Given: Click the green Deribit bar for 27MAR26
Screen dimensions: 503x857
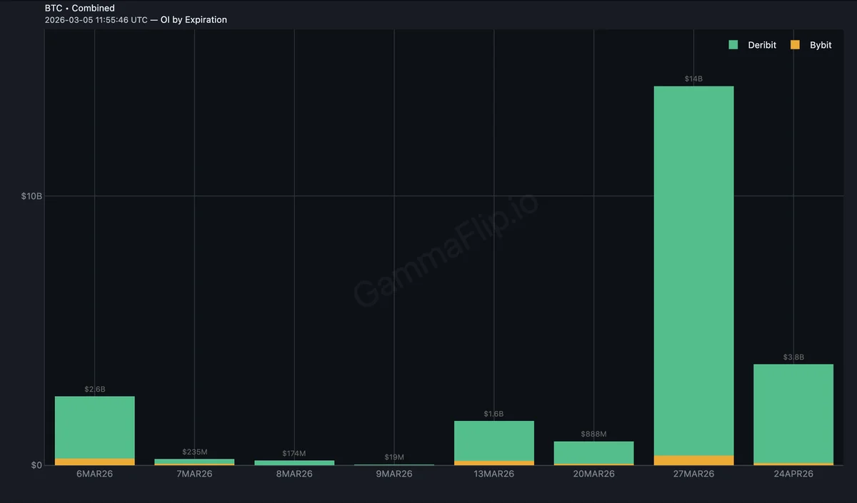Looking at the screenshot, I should tap(693, 271).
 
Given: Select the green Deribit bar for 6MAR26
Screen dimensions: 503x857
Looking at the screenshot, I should tap(94, 427).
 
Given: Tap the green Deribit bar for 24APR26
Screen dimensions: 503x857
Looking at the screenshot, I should tap(793, 414).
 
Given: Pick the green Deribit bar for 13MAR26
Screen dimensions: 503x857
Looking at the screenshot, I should tap(493, 441).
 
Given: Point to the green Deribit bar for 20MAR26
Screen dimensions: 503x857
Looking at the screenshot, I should tap(593, 452).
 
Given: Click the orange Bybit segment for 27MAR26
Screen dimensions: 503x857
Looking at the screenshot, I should tap(693, 460).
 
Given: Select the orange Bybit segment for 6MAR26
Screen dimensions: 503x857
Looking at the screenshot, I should tap(94, 462).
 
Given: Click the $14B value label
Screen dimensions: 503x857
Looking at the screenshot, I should tap(693, 78).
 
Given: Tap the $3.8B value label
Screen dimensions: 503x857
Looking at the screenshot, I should tap(793, 357).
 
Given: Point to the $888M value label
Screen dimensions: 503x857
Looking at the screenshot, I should tap(593, 434).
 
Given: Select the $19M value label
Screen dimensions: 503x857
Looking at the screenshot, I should tap(394, 457).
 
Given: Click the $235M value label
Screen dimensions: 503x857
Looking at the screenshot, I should tap(194, 452).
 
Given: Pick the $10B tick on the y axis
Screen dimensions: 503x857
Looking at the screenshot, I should tap(31, 196).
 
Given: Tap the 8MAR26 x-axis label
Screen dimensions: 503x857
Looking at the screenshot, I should tap(294, 474).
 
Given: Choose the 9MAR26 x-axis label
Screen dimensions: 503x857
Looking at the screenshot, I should tap(394, 474).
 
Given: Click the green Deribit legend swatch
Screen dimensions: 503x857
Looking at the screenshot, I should tap(733, 45).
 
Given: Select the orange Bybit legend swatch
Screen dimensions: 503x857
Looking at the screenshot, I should tap(795, 45).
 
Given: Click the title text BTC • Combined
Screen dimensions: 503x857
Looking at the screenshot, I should tap(79, 8).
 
